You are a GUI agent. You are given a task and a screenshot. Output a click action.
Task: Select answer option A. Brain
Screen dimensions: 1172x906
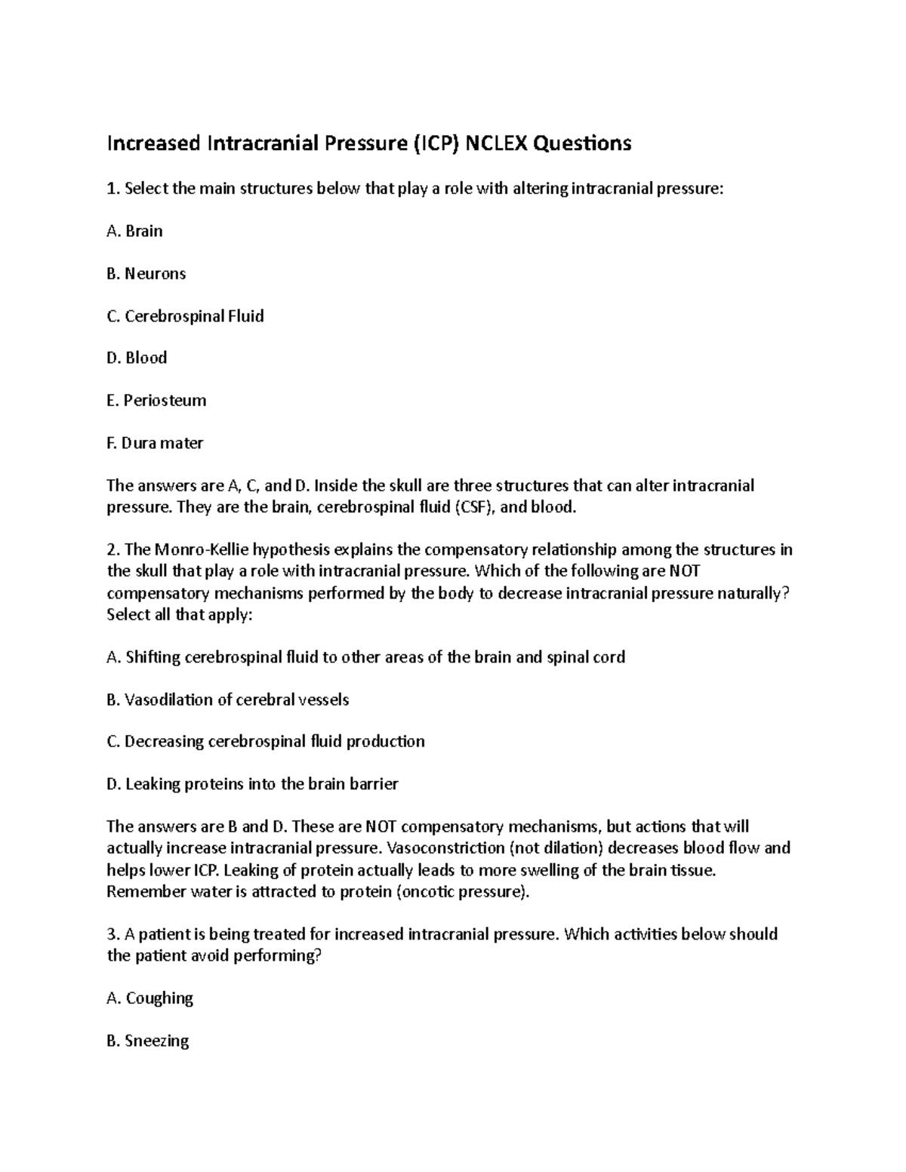(135, 231)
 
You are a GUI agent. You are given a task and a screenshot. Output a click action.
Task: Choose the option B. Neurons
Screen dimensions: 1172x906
(146, 273)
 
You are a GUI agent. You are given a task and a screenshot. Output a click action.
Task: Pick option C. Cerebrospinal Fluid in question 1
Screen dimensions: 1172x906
(186, 315)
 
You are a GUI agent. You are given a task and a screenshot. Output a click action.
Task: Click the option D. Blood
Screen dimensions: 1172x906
(137, 358)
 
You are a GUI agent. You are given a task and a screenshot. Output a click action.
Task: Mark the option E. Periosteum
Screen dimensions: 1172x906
(157, 400)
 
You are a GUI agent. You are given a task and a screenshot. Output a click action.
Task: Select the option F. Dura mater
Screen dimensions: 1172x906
(156, 443)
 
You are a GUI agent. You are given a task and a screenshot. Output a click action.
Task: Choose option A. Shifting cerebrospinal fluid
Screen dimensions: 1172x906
(366, 657)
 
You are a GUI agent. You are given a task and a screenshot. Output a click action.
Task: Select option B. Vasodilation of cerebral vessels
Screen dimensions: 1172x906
(228, 700)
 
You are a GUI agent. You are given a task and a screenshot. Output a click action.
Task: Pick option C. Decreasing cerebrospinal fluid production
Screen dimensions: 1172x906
(266, 742)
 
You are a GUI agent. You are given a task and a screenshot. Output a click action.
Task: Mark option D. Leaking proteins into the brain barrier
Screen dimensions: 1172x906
(252, 784)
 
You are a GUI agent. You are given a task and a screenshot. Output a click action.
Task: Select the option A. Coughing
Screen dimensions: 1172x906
(150, 998)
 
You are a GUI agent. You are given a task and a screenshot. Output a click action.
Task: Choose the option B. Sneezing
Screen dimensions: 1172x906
(148, 1041)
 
